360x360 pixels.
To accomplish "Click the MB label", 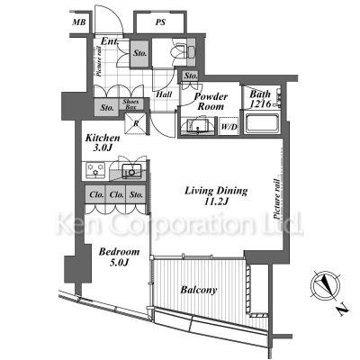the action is pyautogui.click(x=79, y=22).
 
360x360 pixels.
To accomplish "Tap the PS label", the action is pyautogui.click(x=160, y=22).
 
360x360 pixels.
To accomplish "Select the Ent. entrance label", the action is pyautogui.click(x=111, y=41).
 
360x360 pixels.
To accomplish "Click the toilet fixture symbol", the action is pyautogui.click(x=179, y=50).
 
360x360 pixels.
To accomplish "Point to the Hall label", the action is pyautogui.click(x=165, y=94).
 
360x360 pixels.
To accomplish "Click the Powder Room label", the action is pyautogui.click(x=211, y=102).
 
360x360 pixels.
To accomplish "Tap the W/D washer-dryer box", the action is pyautogui.click(x=229, y=126).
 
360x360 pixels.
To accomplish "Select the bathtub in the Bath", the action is pyautogui.click(x=262, y=122).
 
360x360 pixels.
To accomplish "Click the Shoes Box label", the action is pyautogui.click(x=130, y=103).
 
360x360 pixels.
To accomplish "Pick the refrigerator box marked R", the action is pyautogui.click(x=135, y=123).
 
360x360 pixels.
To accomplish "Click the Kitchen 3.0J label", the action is pyautogui.click(x=103, y=143).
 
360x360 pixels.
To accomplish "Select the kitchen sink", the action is pyautogui.click(x=131, y=171).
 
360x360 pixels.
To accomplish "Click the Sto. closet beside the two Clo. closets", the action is pyautogui.click(x=136, y=194).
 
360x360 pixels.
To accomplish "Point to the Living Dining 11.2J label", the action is pyautogui.click(x=216, y=195).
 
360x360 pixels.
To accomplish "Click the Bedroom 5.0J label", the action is pyautogui.click(x=119, y=256).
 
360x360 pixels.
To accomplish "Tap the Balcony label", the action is pyautogui.click(x=199, y=290).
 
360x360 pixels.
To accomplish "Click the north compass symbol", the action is pyautogui.click(x=325, y=284).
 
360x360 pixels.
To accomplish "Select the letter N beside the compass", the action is pyautogui.click(x=341, y=310).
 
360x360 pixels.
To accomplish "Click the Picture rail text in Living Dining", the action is pyautogui.click(x=277, y=199).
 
